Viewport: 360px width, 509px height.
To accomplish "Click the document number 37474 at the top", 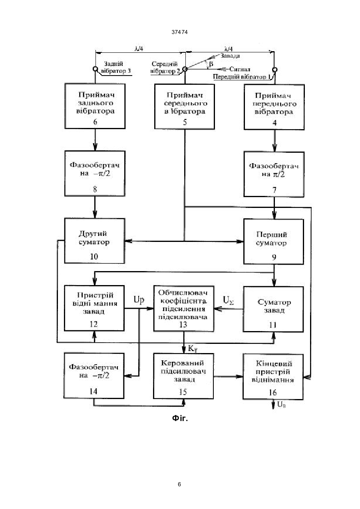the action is [179, 32].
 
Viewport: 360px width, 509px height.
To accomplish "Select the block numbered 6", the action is [95, 106].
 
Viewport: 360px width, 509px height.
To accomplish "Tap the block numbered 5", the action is [185, 107].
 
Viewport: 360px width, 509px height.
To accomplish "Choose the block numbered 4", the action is [274, 107].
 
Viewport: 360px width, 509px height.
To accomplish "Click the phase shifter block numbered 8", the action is [95, 174].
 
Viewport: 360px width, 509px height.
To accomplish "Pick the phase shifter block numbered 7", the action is [274, 174].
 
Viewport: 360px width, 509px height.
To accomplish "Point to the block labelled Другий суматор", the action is [94, 241].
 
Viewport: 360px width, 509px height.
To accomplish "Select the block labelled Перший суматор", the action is [274, 242].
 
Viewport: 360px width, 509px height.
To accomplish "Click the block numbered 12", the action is [94, 308].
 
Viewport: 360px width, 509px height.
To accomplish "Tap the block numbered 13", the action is [184, 309].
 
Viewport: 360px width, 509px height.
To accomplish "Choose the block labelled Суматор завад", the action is [273, 309].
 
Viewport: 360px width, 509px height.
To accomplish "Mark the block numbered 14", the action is [94, 375].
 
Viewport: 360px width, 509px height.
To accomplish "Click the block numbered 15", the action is [183, 376].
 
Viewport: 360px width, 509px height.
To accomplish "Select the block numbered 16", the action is [273, 377].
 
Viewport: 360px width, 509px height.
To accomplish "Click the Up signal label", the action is [139, 300].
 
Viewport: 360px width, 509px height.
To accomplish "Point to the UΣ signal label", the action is [228, 300].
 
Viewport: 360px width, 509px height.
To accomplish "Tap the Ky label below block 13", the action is [193, 348].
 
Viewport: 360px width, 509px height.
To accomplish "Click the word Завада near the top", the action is [230, 56].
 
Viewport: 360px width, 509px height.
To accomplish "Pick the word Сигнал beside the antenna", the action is [240, 69].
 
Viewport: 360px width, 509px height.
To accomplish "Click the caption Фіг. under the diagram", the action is [180, 418].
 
